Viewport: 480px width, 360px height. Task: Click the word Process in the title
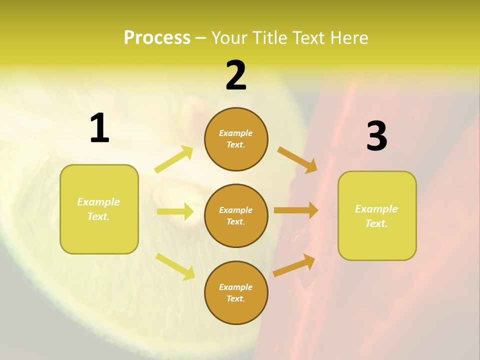tap(157, 38)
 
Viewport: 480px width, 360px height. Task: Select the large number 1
tap(99, 128)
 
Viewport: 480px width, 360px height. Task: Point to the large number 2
tap(236, 75)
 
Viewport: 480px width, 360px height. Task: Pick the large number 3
tap(376, 136)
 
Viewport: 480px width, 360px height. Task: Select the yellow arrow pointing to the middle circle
tap(175, 211)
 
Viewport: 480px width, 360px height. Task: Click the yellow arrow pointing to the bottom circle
tap(175, 266)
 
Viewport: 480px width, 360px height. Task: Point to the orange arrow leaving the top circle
tap(297, 159)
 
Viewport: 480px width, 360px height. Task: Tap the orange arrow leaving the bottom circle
tap(294, 265)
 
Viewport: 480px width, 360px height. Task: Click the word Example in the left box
tap(98, 202)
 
